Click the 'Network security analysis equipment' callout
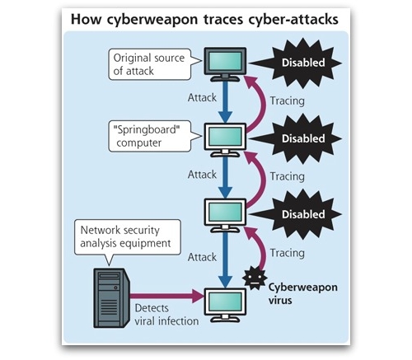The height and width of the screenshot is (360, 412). [x=128, y=237]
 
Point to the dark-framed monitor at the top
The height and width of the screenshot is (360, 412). [x=225, y=64]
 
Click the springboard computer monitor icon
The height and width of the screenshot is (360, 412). [x=225, y=140]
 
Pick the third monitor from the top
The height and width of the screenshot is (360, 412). [x=225, y=216]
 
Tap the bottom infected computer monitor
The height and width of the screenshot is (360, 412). [x=225, y=305]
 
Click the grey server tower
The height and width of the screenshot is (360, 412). [x=111, y=298]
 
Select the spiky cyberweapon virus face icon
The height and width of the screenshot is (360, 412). [x=255, y=278]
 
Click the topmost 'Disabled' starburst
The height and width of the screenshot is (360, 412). [x=297, y=63]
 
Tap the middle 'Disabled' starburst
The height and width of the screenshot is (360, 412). [x=297, y=138]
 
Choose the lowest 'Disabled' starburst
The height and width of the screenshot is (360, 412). [x=297, y=214]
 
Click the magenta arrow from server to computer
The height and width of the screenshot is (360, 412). [x=167, y=296]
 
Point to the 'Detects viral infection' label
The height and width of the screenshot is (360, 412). [x=166, y=315]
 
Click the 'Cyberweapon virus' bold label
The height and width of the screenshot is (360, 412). [x=303, y=293]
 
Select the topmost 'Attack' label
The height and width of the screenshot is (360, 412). [x=202, y=97]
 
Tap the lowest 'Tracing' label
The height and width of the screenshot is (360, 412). [x=288, y=253]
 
